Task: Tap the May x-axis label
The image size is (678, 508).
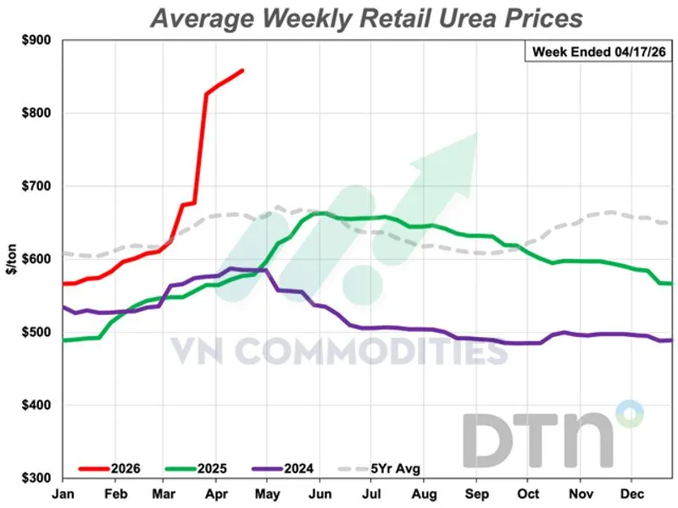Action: pos(270,492)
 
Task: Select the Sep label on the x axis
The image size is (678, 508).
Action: pos(478,492)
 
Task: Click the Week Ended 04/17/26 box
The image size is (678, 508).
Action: pos(597,52)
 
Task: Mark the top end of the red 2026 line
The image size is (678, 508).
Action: pos(243,70)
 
